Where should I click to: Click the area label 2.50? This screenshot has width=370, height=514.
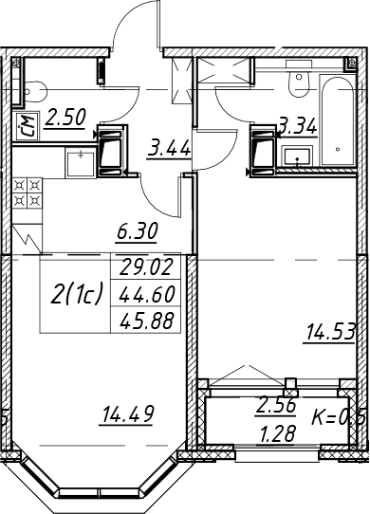[65, 118]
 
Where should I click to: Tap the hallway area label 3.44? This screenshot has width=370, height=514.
[169, 150]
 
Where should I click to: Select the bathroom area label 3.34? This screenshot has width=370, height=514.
[298, 126]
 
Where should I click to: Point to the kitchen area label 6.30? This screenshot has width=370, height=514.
[138, 231]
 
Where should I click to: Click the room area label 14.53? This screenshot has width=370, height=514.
[329, 332]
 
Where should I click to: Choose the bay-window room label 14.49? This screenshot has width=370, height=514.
[127, 414]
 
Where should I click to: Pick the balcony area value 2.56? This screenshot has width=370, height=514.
[276, 405]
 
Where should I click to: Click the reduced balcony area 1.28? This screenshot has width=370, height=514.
[277, 433]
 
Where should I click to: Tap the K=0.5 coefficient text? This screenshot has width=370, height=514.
[338, 418]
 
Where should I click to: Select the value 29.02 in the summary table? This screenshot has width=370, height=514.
[146, 266]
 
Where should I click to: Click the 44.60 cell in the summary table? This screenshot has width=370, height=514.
[146, 294]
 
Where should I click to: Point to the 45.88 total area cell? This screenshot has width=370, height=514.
[146, 321]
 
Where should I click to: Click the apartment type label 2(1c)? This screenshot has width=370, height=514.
[77, 294]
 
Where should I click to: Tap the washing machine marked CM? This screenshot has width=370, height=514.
[28, 126]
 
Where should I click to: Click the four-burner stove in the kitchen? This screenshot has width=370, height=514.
[28, 193]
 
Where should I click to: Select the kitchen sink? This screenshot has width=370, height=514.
[81, 162]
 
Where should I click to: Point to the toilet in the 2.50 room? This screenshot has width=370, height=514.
[34, 91]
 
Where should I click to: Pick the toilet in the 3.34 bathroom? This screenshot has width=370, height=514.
[299, 80]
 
